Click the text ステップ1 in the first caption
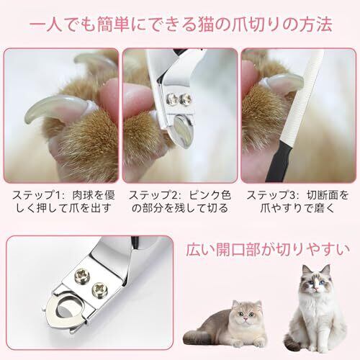pyautogui.click(x=36, y=195)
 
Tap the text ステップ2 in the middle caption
pyautogui.click(x=153, y=195)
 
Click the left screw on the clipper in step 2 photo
pyautogui.click(x=172, y=99)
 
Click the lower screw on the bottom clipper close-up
pyautogui.click(x=99, y=289)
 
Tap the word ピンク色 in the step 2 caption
pyautogui.click(x=210, y=195)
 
